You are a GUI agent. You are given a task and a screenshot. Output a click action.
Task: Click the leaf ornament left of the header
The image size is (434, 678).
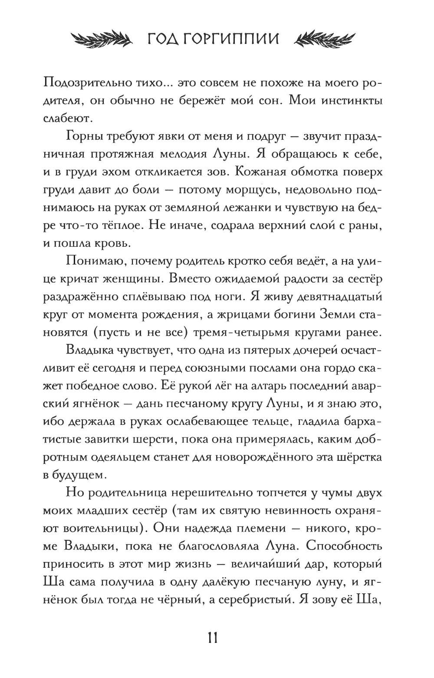(104, 39)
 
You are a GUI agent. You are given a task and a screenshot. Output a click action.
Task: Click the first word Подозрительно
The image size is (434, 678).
(94, 83)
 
